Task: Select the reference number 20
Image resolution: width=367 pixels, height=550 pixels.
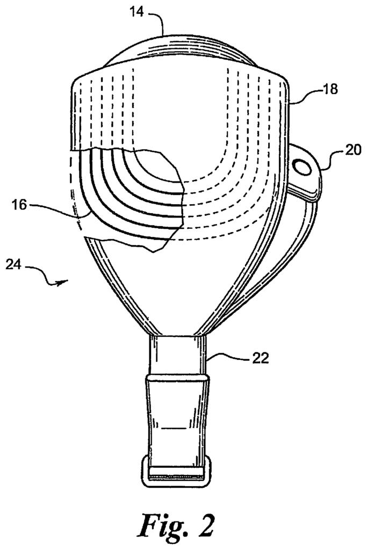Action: point(352,150)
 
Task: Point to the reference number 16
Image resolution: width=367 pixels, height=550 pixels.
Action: point(20,205)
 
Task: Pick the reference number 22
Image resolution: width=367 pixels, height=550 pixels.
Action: point(260,358)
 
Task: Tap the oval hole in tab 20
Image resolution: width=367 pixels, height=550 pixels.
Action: point(302,165)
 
